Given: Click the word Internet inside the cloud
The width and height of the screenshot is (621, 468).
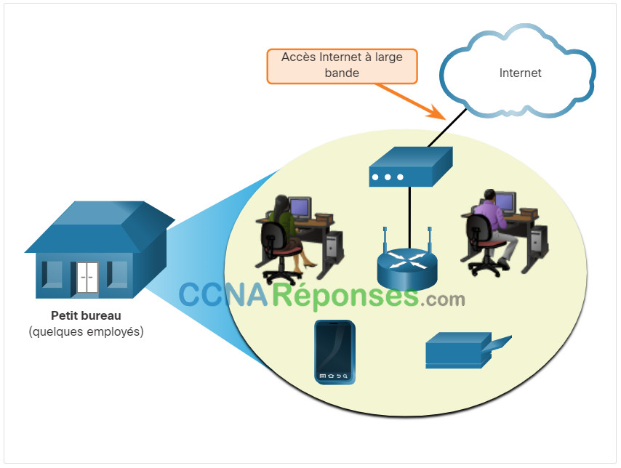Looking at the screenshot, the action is pyautogui.click(x=520, y=73).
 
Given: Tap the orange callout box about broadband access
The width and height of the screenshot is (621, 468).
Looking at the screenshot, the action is pyautogui.click(x=342, y=66).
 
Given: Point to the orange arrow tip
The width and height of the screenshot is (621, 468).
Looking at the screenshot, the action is pyautogui.click(x=445, y=118).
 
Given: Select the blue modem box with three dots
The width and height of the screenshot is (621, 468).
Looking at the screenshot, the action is pyautogui.click(x=411, y=166).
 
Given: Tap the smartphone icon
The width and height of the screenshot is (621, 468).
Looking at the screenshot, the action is pyautogui.click(x=334, y=352).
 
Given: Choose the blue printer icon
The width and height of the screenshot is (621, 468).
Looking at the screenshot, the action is pyautogui.click(x=468, y=350).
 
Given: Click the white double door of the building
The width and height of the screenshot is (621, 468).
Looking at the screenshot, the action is pyautogui.click(x=87, y=278).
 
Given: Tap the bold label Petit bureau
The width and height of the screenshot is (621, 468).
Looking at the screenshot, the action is pyautogui.click(x=86, y=315).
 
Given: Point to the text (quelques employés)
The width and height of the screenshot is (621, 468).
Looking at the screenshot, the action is pyautogui.click(x=86, y=331).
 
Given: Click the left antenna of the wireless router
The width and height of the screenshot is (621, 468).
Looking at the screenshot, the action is pyautogui.click(x=385, y=242).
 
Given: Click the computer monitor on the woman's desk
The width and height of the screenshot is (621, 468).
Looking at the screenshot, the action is pyautogui.click(x=300, y=208).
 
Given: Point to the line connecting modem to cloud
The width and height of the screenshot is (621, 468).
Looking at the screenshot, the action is pyautogui.click(x=447, y=127).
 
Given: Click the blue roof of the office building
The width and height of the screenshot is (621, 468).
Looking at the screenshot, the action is pyautogui.click(x=99, y=227).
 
